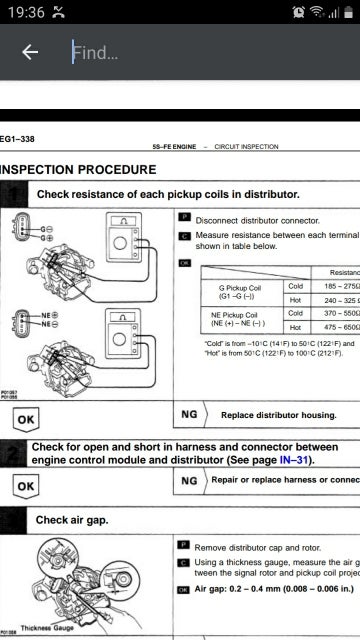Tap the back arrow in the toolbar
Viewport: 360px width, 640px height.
point(30,52)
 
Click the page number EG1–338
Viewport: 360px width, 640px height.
point(17,138)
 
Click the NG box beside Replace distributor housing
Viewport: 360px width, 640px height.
point(189,412)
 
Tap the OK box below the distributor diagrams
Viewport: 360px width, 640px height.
point(27,418)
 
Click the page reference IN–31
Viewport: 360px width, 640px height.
point(296,460)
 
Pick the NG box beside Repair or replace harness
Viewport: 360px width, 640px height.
point(189,480)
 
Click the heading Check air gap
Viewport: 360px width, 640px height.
point(72,520)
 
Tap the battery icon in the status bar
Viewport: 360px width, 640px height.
point(343,11)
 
